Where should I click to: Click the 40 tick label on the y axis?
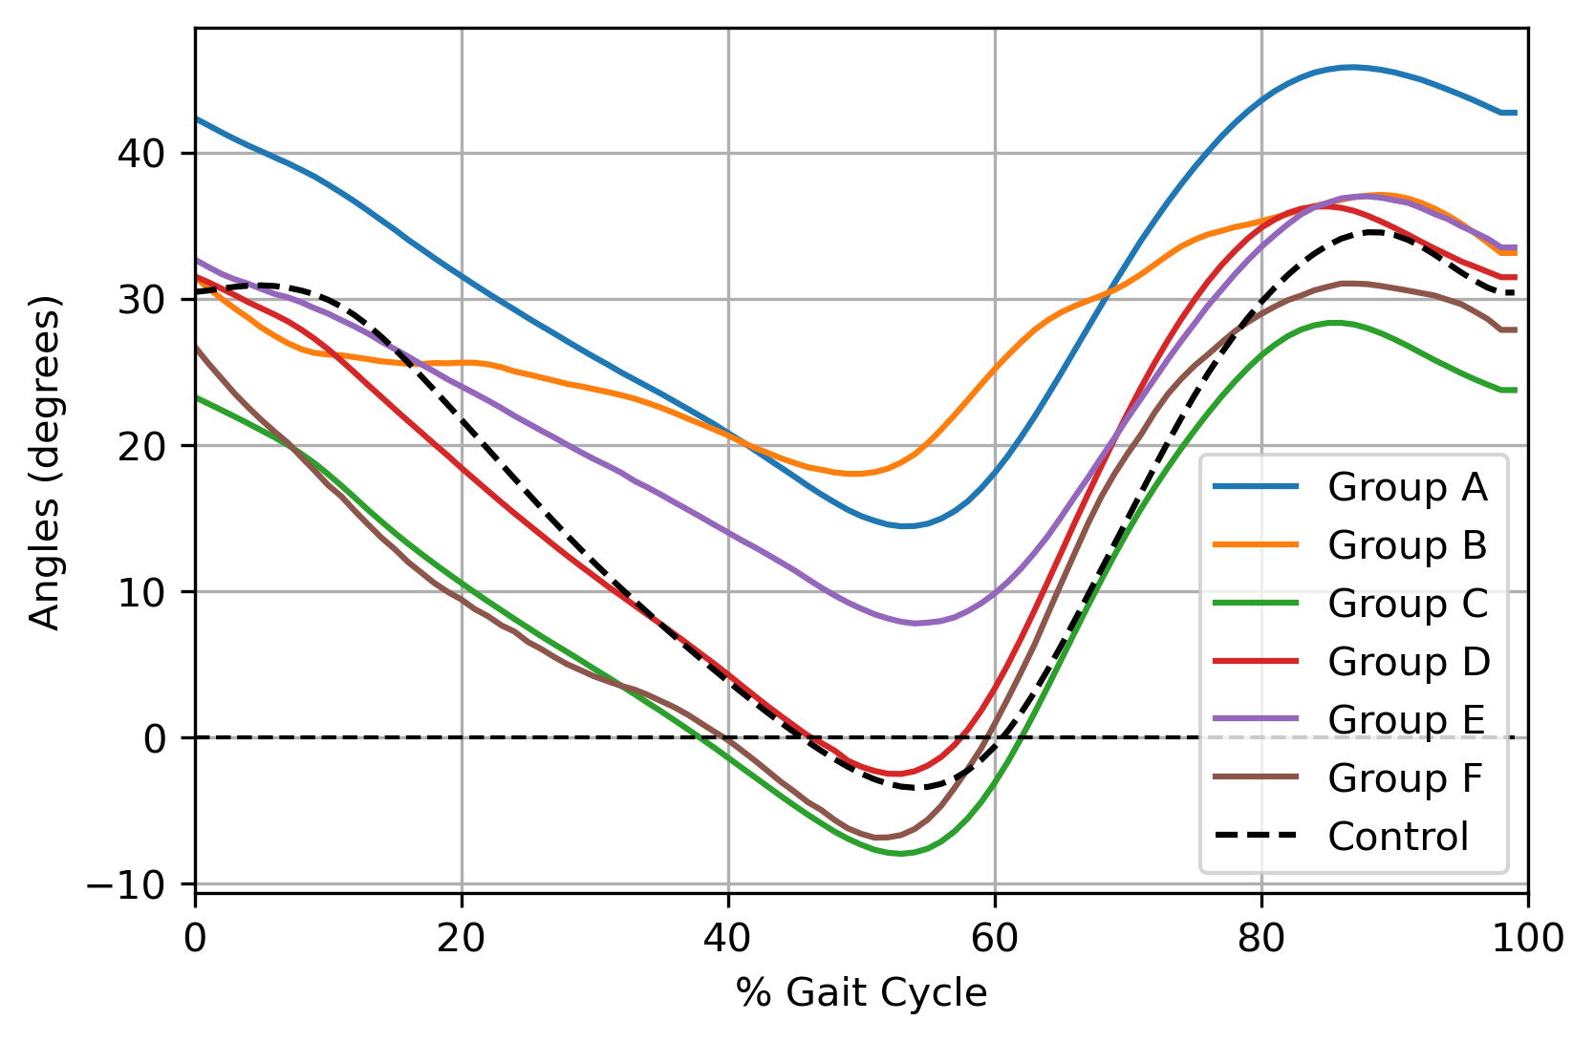click(142, 154)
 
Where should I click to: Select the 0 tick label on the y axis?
click(156, 738)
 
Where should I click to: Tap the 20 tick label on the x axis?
click(462, 939)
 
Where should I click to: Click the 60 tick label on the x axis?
click(995, 939)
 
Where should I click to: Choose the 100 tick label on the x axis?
click(1526, 939)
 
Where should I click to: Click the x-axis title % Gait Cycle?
click(861, 993)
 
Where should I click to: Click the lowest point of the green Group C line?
click(900, 854)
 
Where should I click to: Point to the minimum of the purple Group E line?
click(915, 624)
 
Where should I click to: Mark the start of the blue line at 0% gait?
click(197, 118)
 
